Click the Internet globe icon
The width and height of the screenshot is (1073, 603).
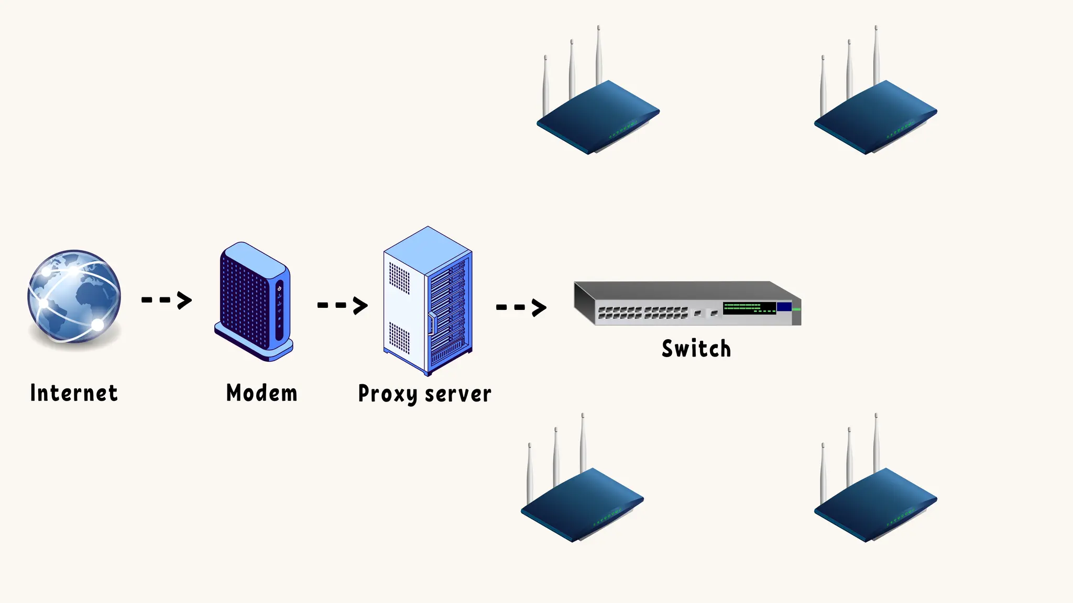tap(74, 296)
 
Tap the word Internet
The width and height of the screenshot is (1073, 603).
tap(74, 393)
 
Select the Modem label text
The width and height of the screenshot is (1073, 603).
tap(261, 393)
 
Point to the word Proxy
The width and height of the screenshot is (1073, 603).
tap(387, 394)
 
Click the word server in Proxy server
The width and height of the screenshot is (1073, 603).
tap(458, 394)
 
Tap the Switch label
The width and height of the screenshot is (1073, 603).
tap(696, 349)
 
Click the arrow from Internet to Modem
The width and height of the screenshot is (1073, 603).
tap(167, 300)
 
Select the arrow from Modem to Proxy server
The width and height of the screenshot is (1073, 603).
tap(342, 305)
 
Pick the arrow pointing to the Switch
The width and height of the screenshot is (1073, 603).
tap(521, 307)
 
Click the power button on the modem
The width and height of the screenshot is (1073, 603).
tap(279, 288)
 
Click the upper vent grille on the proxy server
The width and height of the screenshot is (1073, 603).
tap(400, 277)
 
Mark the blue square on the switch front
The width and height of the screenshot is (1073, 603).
tap(784, 307)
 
